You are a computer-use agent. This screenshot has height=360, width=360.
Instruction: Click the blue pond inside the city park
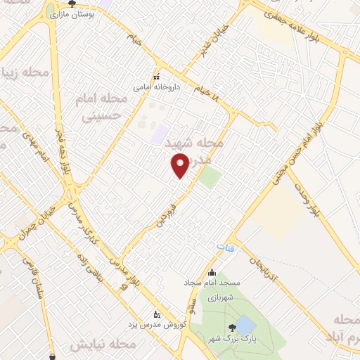click(x=245, y=325)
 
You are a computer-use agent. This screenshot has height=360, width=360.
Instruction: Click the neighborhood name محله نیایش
click(x=103, y=345)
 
